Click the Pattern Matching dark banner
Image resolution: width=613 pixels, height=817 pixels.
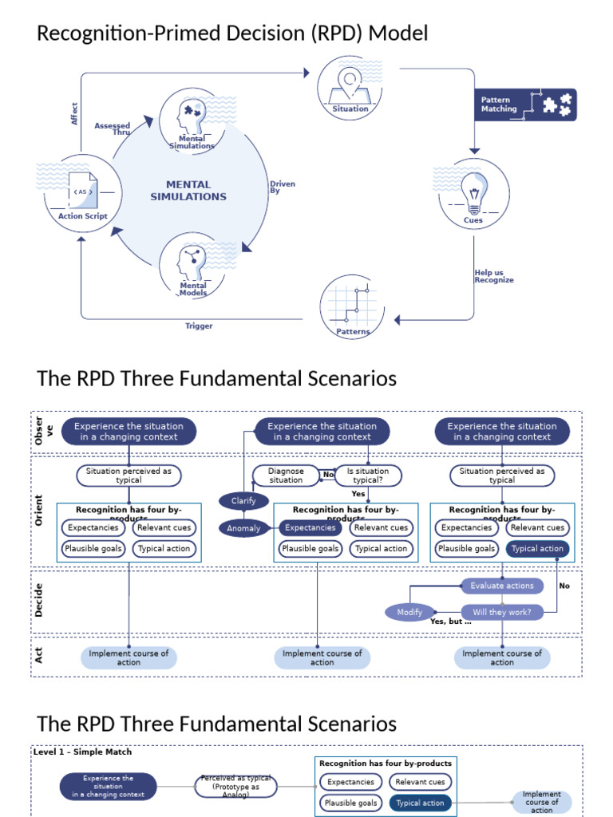coord(524,105)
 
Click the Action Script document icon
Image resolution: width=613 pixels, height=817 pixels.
coord(81,192)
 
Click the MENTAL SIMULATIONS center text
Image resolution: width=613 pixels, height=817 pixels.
coord(188,191)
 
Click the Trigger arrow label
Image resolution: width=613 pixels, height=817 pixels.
coord(199,326)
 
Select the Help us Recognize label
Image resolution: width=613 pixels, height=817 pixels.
coord(494,276)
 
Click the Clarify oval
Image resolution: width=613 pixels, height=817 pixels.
coord(243,501)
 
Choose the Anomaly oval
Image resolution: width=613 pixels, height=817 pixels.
coord(243,528)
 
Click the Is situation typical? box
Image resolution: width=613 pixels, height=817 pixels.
coord(367,476)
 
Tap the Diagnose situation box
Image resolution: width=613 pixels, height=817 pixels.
coord(285,476)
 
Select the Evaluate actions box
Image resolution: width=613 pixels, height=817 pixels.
coord(502,586)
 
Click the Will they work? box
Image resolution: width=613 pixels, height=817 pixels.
coord(502,612)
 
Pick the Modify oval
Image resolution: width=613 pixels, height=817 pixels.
coord(409,612)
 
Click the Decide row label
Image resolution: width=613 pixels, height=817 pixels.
coord(39,603)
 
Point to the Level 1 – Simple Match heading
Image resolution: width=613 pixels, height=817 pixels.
coord(83,752)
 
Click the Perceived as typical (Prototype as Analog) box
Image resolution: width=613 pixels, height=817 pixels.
coord(236,787)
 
